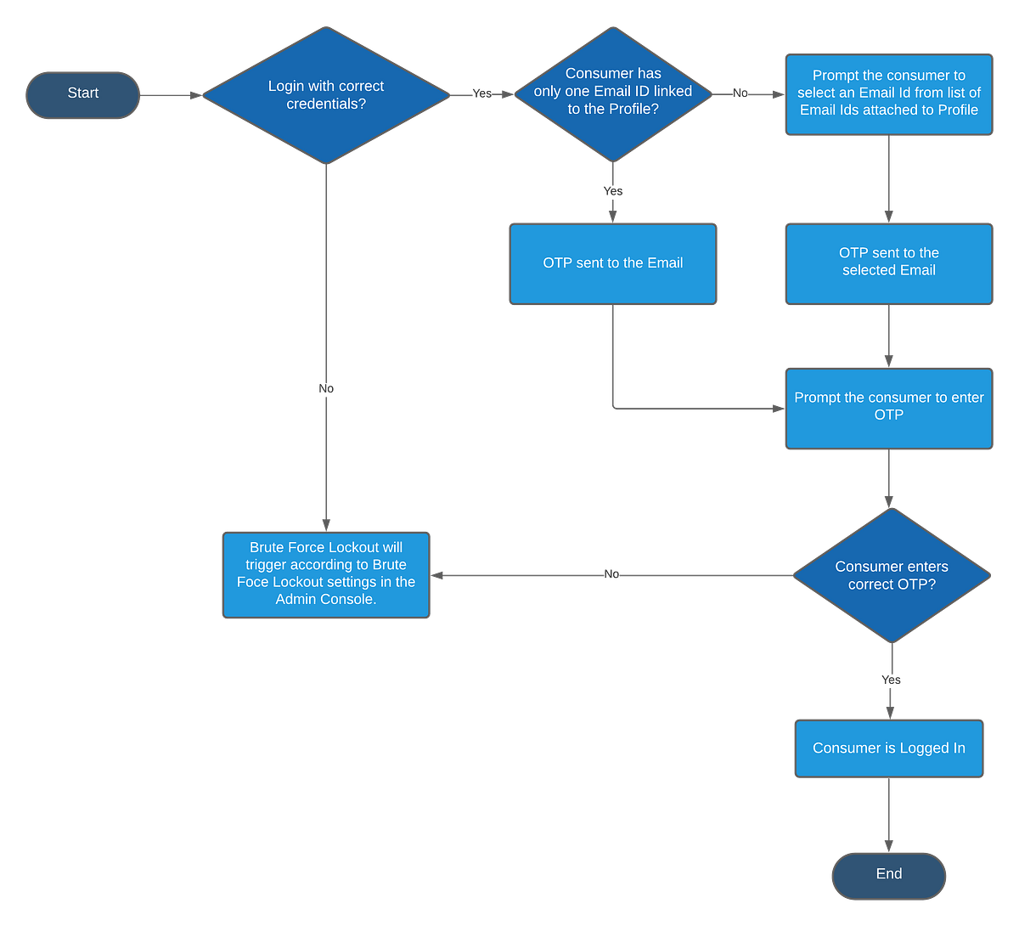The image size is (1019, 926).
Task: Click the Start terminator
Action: [82, 93]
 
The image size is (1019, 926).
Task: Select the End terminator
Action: [888, 874]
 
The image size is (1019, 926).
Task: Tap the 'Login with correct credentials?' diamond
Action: [326, 95]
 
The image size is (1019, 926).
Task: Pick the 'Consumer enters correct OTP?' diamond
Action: [892, 575]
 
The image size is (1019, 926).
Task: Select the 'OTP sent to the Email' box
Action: [612, 263]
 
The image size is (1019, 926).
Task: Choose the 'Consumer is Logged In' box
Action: [888, 748]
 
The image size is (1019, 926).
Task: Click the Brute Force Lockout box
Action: [326, 573]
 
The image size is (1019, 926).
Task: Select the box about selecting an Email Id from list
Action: [888, 93]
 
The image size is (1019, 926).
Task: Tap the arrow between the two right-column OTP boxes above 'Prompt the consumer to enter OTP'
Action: [888, 336]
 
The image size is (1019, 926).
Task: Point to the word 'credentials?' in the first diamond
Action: [326, 104]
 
